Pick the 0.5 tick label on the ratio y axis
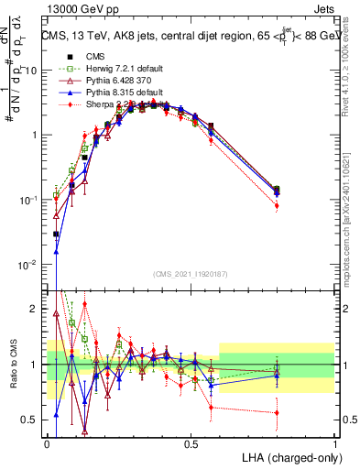pyautogui.click(x=30, y=420)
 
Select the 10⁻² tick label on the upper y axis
pyautogui.click(x=28, y=265)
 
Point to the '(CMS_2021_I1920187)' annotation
pyautogui.click(x=191, y=273)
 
